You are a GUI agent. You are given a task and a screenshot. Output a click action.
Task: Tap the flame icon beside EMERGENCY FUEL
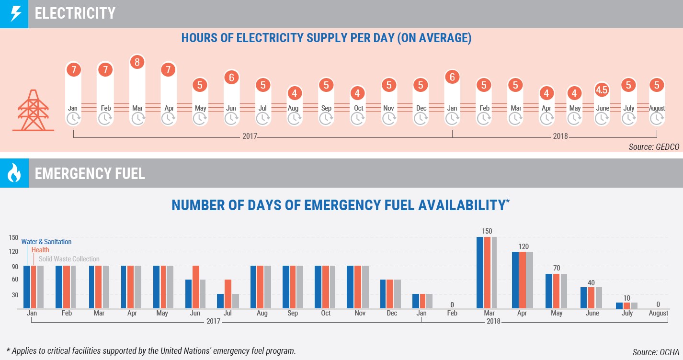(14, 173)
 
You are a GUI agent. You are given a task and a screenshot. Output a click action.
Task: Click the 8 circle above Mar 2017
(137, 63)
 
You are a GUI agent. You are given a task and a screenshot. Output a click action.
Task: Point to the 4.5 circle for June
(602, 90)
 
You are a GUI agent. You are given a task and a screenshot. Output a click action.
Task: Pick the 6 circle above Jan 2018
(452, 77)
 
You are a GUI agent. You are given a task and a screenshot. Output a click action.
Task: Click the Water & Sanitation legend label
(46, 242)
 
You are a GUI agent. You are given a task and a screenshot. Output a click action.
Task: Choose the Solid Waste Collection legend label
(69, 259)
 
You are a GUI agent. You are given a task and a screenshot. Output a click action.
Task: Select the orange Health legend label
(40, 250)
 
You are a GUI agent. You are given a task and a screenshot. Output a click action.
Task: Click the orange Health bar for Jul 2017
(228, 294)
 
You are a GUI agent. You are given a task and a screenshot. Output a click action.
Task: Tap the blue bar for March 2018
(480, 272)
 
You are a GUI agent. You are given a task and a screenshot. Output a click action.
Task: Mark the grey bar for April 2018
(530, 280)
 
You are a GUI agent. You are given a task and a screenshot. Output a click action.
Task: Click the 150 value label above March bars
(487, 231)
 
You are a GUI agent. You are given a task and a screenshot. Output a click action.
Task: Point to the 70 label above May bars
(556, 268)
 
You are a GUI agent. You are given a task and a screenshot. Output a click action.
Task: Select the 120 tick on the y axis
(13, 251)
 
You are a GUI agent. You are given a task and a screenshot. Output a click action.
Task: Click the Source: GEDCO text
(654, 147)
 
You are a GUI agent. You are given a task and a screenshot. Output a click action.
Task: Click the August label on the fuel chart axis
(658, 313)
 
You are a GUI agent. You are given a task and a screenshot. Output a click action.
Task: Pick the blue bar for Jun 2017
(188, 294)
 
